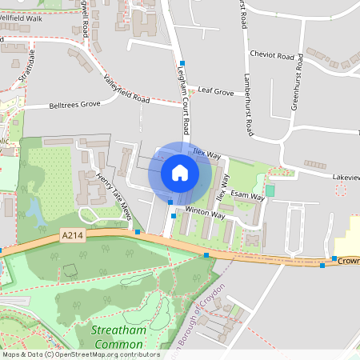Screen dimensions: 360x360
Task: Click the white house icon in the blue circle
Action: (180, 173)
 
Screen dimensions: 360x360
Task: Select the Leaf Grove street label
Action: (216, 93)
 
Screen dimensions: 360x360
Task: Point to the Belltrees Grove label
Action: (74, 104)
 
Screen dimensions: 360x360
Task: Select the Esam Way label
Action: (247, 194)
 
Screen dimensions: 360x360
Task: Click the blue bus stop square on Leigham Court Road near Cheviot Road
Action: (182, 62)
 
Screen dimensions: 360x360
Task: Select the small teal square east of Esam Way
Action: (270, 190)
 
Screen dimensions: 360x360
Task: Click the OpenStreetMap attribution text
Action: (81, 354)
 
